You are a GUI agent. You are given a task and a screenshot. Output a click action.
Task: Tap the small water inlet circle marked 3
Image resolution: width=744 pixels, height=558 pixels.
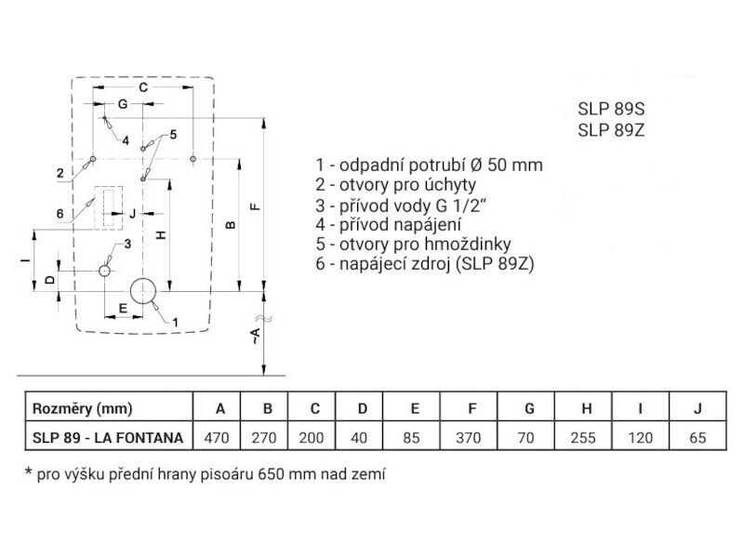[x=104, y=271]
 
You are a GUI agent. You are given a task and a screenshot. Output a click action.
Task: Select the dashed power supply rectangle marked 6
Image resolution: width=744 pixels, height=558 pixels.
[x=108, y=207]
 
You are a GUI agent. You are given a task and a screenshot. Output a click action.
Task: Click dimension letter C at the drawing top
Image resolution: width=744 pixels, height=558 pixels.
[x=143, y=87]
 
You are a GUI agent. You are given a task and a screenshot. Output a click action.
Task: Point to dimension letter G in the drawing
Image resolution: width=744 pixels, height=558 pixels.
[x=123, y=104]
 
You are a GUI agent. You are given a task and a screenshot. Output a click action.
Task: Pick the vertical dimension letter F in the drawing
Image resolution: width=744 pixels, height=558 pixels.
[x=255, y=206]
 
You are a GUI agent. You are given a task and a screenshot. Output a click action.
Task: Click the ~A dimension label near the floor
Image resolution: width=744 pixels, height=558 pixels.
[x=255, y=336]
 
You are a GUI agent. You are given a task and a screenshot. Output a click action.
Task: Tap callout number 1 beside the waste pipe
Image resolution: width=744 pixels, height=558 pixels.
[x=175, y=323]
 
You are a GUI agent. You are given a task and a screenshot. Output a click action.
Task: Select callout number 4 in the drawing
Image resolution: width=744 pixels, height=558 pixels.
[x=126, y=140]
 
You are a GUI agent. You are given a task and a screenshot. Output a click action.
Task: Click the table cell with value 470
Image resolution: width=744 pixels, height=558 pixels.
[x=217, y=437]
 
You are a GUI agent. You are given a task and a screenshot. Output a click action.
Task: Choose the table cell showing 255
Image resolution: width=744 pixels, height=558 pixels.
[x=583, y=437]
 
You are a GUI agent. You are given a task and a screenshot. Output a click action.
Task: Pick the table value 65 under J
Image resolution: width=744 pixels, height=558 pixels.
[x=697, y=437]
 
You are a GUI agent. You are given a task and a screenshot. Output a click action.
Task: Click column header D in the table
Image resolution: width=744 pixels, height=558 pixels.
[x=363, y=408]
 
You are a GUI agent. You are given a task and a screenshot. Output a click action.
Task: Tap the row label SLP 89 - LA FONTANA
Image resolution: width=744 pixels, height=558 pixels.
[x=108, y=437]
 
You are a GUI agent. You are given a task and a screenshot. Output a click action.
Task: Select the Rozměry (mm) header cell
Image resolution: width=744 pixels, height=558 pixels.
[x=109, y=408]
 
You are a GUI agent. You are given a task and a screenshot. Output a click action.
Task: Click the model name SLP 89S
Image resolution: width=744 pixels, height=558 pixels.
[x=611, y=109]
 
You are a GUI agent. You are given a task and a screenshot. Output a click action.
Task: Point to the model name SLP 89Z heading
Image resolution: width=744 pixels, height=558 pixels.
[x=611, y=130]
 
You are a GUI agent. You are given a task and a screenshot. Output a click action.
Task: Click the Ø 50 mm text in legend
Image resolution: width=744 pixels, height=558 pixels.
[x=507, y=165]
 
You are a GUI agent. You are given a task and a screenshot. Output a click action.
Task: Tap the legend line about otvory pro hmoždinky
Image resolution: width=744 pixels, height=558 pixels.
[x=413, y=244]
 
